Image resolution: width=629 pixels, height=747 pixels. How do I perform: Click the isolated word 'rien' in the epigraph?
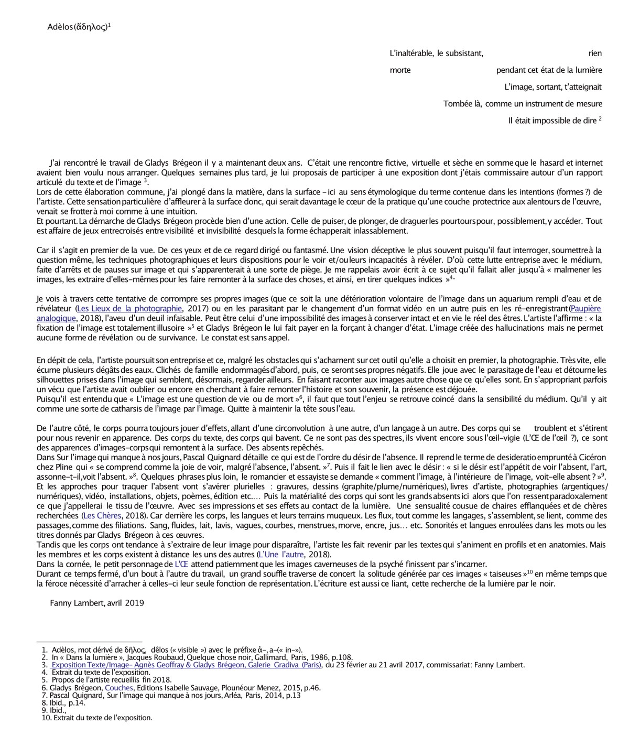point(595,53)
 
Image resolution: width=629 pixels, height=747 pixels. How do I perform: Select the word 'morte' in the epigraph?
point(400,70)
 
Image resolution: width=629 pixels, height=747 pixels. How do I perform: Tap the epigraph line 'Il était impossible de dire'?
point(552,121)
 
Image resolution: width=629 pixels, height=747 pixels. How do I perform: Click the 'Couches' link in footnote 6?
point(118,688)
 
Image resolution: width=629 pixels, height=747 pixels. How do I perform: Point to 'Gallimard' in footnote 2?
point(270,657)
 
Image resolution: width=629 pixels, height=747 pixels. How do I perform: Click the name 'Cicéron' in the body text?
point(592,457)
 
